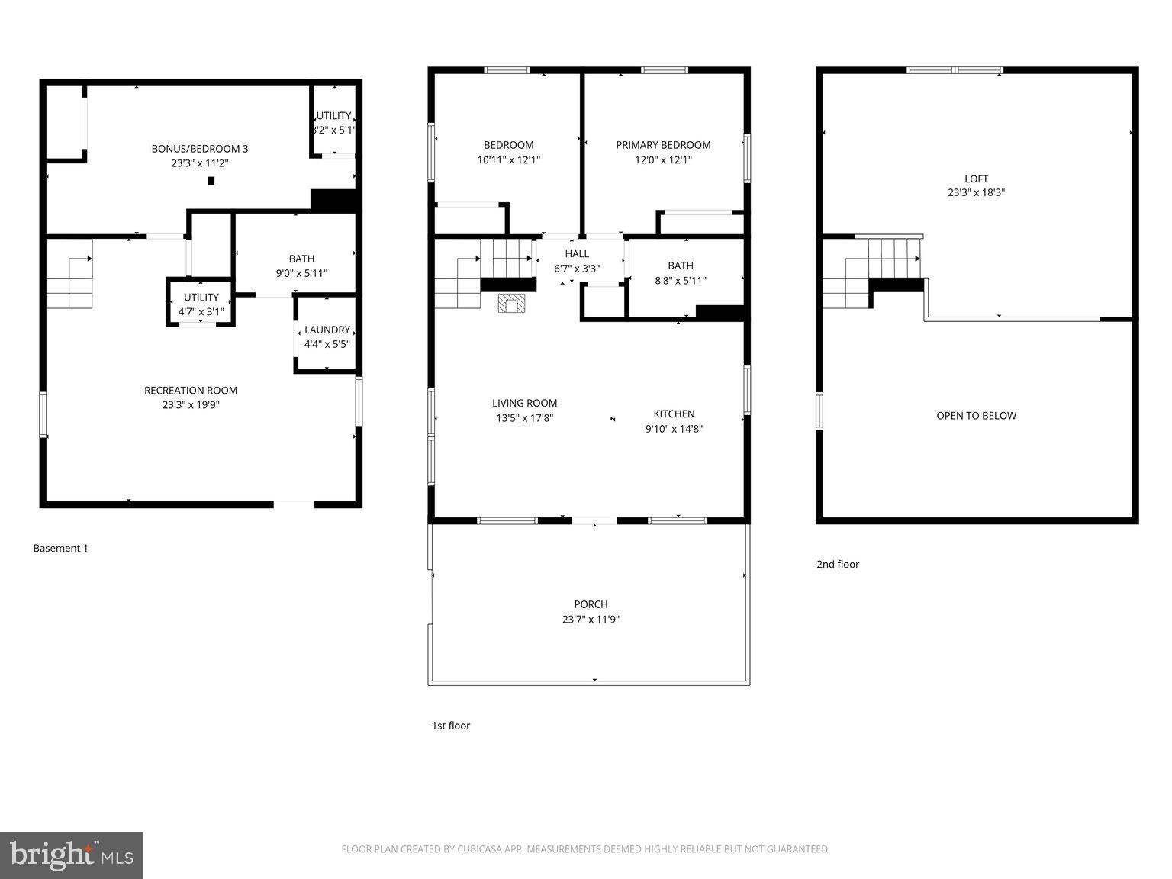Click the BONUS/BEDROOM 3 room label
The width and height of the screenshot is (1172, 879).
click(200, 149)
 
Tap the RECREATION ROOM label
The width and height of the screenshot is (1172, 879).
click(191, 391)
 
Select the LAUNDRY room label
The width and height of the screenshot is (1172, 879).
click(327, 330)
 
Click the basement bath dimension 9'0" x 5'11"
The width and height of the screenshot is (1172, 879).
click(301, 273)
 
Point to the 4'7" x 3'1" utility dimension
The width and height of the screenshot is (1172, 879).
click(201, 311)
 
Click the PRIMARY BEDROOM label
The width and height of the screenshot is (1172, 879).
click(663, 145)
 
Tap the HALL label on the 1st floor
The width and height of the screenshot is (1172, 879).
click(577, 254)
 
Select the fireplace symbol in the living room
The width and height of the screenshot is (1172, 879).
click(511, 304)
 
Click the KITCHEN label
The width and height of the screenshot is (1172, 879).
click(674, 414)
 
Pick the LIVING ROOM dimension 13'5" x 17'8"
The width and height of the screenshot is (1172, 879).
click(525, 417)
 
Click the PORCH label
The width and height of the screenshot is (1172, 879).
click(591, 604)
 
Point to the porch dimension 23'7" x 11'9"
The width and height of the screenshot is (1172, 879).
click(591, 620)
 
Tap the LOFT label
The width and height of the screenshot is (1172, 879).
click(976, 179)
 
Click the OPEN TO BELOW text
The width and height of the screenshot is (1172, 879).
click(976, 416)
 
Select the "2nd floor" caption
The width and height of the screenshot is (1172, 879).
click(838, 565)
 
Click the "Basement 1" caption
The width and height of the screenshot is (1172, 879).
click(60, 548)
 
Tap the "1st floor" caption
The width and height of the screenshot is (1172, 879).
click(451, 726)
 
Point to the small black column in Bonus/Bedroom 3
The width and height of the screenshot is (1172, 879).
click(211, 181)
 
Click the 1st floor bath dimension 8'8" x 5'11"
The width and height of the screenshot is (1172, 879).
click(681, 280)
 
